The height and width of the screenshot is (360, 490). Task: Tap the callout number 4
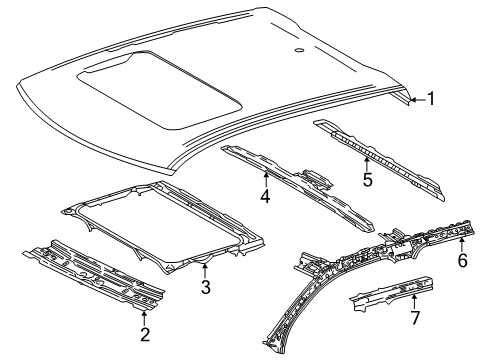click(266, 197)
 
